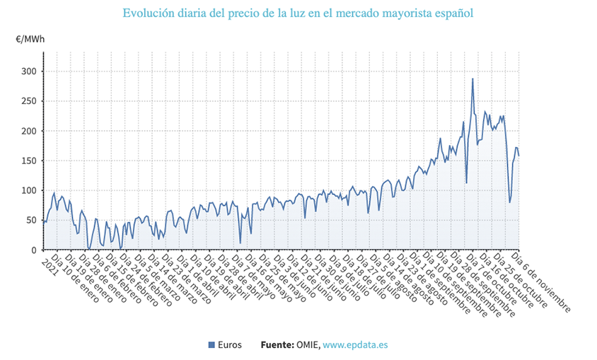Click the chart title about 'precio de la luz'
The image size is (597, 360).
[x=298, y=13]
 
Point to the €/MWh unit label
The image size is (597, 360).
[x=30, y=38]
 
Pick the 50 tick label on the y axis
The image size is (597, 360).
[x=30, y=220]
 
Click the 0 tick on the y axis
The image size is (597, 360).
[x=33, y=250]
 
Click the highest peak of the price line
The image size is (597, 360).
[x=473, y=79]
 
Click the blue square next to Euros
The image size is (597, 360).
[x=211, y=345]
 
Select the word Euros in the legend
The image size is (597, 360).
[x=231, y=345]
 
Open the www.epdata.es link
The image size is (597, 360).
[x=355, y=345]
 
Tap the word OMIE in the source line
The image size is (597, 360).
[x=307, y=345]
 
